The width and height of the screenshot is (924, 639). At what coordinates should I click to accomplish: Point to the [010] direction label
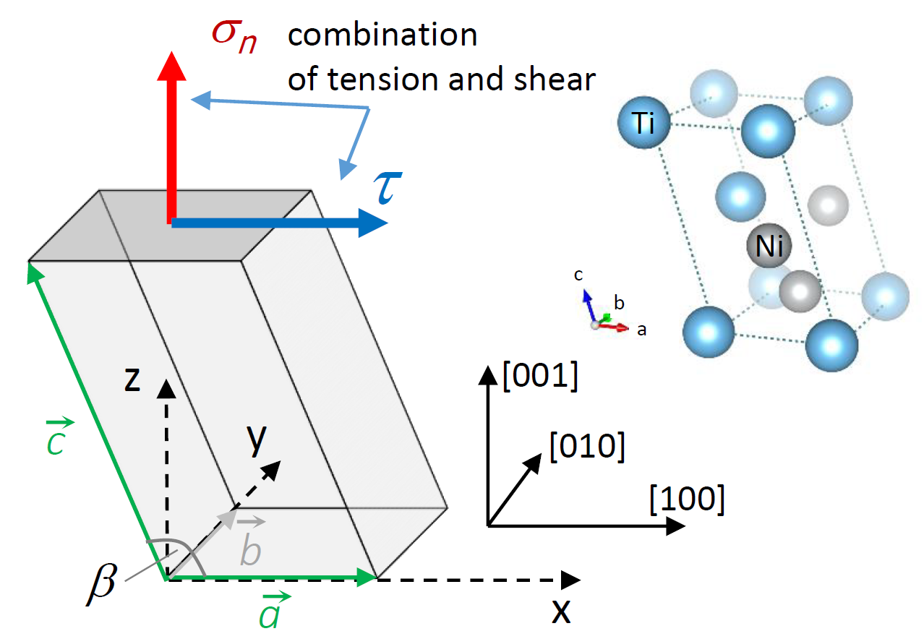click(586, 446)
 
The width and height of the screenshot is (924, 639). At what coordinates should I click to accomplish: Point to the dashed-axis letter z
click(132, 380)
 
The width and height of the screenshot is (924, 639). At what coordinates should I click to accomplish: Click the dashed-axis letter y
click(254, 439)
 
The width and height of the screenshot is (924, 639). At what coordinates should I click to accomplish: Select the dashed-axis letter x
click(560, 612)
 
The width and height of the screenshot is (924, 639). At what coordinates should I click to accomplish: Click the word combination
click(382, 35)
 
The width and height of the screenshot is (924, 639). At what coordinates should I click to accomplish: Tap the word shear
click(550, 80)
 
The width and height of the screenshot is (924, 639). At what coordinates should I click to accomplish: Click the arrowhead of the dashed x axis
click(570, 579)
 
